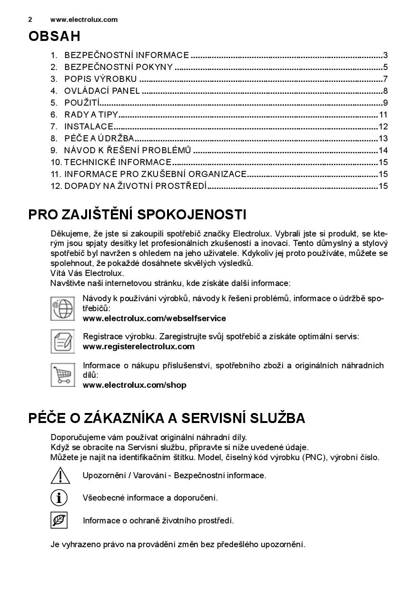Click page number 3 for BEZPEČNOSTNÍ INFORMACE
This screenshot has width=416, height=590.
(386, 55)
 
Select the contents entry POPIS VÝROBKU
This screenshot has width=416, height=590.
(100, 79)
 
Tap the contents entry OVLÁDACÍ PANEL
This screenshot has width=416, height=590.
(102, 91)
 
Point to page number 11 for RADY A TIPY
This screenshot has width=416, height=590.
(383, 115)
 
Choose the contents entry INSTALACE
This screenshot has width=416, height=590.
(89, 127)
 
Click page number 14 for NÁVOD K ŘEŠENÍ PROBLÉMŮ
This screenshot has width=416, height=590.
(383, 150)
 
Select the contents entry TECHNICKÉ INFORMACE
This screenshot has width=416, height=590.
(118, 162)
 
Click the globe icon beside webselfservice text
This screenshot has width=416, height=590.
(62, 308)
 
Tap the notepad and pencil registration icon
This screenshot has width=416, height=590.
(62, 341)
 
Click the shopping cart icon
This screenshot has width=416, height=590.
(62, 374)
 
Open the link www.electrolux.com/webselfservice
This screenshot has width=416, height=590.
(154, 318)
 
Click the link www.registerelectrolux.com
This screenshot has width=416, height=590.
(139, 346)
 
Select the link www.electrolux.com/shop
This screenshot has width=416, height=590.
(134, 385)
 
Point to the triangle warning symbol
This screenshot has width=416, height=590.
(60, 475)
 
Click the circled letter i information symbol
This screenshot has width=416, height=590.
(59, 498)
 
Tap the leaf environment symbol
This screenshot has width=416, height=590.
(59, 520)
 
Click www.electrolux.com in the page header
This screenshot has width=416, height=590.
(84, 20)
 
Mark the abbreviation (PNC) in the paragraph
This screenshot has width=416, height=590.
(313, 457)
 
